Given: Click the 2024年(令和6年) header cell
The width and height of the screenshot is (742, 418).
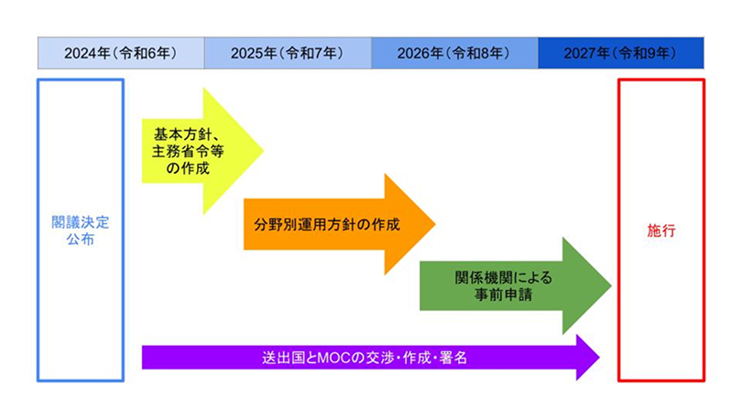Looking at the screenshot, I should (120, 52).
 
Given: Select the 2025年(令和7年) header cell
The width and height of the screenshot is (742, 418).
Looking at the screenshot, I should (287, 52).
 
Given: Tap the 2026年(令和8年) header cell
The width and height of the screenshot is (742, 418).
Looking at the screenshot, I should (454, 52).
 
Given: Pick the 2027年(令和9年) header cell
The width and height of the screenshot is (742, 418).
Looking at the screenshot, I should (620, 52).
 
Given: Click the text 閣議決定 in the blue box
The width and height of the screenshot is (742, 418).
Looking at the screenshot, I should (80, 222).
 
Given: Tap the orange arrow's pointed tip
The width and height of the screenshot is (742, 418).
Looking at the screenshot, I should (432, 224).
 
